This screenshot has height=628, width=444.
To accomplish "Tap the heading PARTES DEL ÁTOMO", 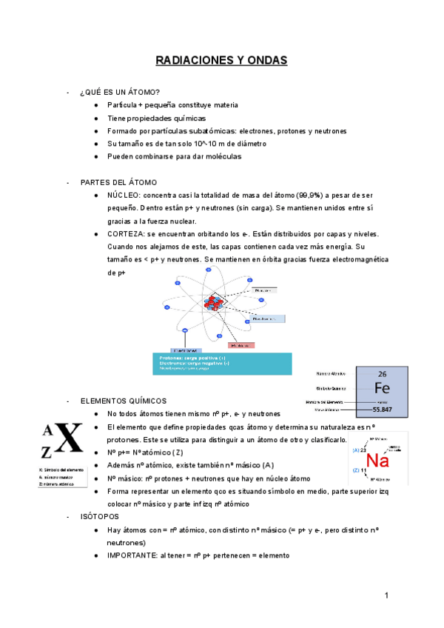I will (x=118, y=182).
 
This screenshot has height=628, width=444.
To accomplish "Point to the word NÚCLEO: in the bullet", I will (x=124, y=195).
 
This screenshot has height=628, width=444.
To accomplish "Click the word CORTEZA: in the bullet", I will (x=126, y=234).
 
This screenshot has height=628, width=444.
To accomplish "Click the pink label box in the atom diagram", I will (x=240, y=345).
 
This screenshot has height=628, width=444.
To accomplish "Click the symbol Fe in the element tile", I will (x=382, y=389).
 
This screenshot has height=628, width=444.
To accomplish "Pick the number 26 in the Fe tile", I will (x=382, y=374).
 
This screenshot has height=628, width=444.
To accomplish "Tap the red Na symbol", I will (x=377, y=461).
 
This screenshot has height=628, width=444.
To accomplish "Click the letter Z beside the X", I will (x=48, y=451).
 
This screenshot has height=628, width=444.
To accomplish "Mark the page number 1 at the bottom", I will (x=386, y=596).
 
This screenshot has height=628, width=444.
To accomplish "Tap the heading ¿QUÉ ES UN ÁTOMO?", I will (x=119, y=93).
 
